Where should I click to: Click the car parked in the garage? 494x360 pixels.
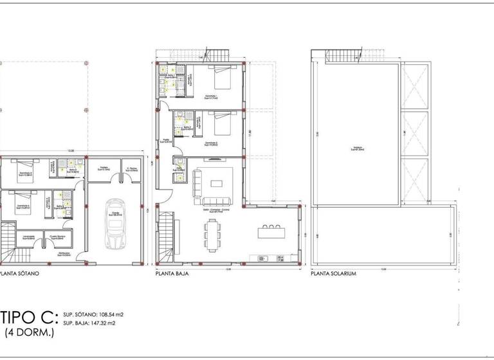coord(116,228)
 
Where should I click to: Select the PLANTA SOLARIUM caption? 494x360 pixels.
coord(333,273)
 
